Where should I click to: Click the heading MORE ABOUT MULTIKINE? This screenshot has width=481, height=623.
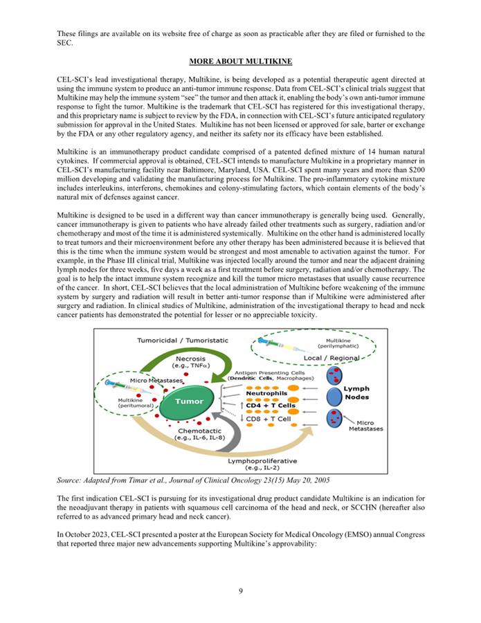click(x=240, y=61)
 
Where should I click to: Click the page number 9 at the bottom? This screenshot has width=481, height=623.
click(x=240, y=590)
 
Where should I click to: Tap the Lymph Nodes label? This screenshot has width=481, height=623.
click(x=356, y=393)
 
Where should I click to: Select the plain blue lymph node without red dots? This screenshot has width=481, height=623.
click(x=334, y=395)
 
